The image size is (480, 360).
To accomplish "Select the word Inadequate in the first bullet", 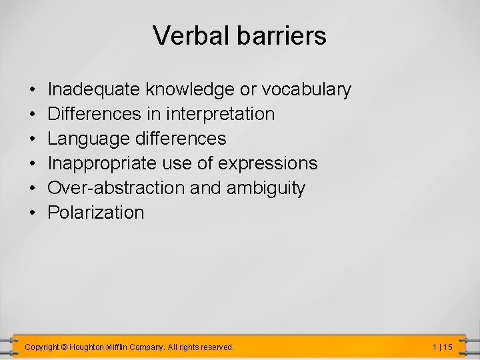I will [x=94, y=89].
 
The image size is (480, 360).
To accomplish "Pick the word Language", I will [x=88, y=139].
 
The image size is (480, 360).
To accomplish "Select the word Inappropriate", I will [x=102, y=163].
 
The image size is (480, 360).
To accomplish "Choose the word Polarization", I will [x=96, y=213].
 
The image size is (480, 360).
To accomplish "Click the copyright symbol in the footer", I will [x=64, y=347].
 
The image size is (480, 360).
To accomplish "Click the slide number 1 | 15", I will [x=442, y=347].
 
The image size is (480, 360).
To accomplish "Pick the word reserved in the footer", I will [x=217, y=347].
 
